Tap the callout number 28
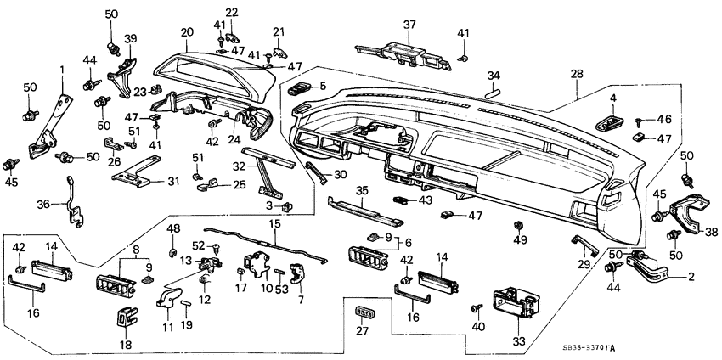[x=576, y=76]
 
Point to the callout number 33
[x=519, y=341]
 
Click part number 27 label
[x=364, y=331]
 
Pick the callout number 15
[x=274, y=223]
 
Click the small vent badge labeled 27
[x=364, y=313]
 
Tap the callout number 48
[x=173, y=229]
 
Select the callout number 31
[x=172, y=181]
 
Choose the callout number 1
[x=61, y=69]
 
